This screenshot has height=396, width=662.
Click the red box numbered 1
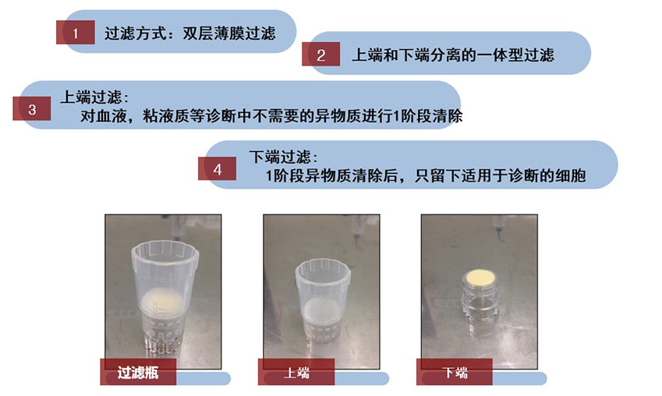click(75, 33)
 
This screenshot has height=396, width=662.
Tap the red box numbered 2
click(321, 54)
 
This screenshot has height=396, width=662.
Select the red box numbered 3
click(32, 109)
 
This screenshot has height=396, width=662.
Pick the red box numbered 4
click(217, 169)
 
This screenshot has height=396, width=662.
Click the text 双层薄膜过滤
click(229, 34)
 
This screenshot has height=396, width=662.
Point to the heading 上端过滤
click(92, 97)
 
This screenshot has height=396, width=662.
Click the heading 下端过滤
click(281, 157)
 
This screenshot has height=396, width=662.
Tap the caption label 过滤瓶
click(138, 373)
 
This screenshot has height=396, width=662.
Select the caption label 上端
click(296, 373)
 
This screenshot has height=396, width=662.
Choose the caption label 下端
click(455, 373)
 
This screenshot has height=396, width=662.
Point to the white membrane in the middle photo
click(321, 312)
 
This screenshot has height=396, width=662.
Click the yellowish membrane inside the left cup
click(162, 302)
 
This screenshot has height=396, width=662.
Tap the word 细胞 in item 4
click(571, 175)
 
